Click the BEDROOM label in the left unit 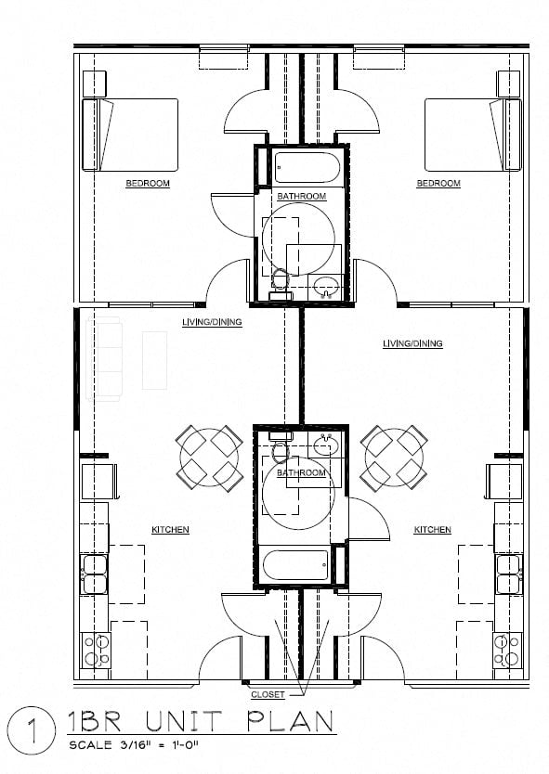coord(148,184)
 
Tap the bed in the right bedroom coord(472,135)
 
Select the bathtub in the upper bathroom coord(301,167)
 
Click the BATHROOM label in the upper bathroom coord(301,196)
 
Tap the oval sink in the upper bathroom coord(325,286)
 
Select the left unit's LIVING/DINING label coord(212,322)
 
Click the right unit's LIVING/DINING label coord(412,343)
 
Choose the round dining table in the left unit coord(210,457)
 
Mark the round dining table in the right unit coord(395,457)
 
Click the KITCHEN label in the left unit coord(170,530)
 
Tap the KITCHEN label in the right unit coord(432,530)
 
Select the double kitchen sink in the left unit coord(96,575)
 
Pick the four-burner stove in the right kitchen coord(507,650)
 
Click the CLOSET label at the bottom coord(268,694)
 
